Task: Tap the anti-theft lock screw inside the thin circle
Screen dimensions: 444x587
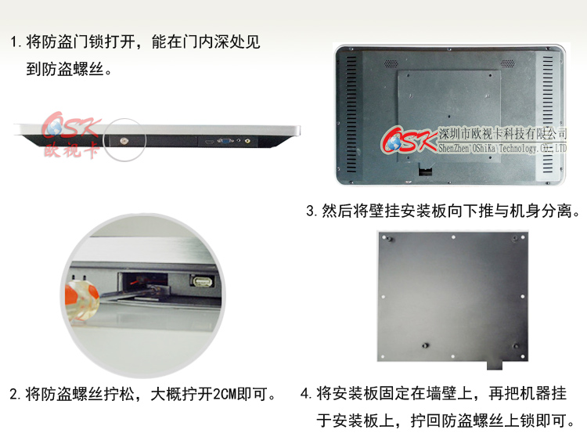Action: (124, 141)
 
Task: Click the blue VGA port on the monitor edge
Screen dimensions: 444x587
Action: (225, 142)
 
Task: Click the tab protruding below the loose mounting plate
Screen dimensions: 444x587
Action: (493, 364)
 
